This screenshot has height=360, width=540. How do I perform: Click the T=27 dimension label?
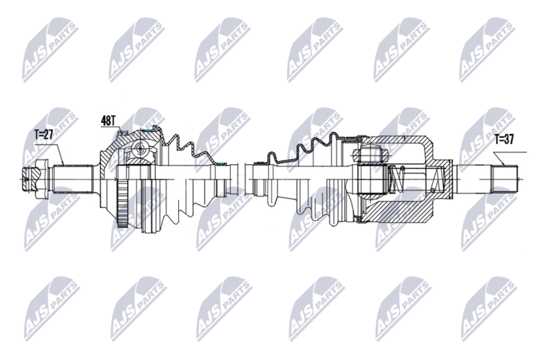(44, 134)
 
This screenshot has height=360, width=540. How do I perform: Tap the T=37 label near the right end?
(503, 140)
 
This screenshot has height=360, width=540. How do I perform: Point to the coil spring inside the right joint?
(398, 178)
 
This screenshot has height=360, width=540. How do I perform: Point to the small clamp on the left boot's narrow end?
(221, 164)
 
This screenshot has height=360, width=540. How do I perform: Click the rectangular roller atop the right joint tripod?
(372, 155)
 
